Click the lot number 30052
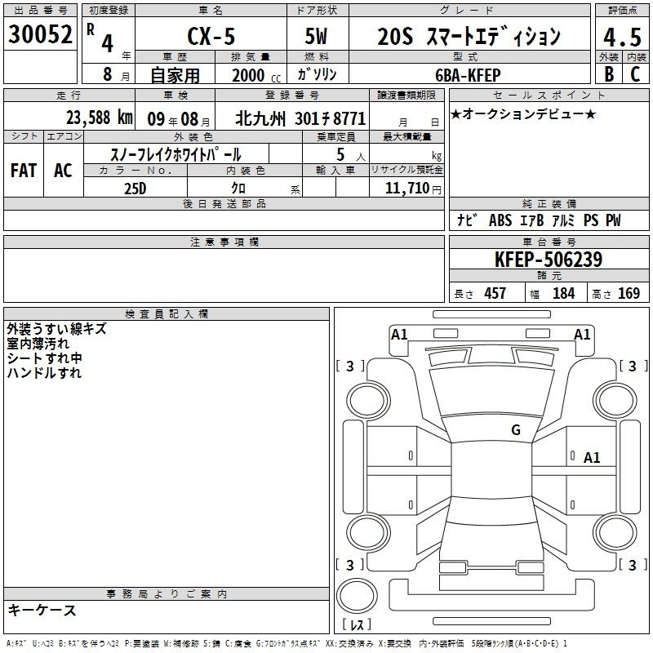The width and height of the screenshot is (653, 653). point(40,34)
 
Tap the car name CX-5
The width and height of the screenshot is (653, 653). point(211,36)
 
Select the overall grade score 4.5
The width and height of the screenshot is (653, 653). point(622,38)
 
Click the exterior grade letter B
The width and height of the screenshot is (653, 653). point(609,74)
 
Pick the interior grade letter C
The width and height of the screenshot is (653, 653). point(635,74)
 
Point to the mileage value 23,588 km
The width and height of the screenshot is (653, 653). point(99,118)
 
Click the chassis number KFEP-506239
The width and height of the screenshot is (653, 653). point(549,260)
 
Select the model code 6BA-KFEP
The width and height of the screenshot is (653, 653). point(468,75)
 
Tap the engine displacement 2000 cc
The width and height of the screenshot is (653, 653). point(256,75)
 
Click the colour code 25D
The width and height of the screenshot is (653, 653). point(135,189)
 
